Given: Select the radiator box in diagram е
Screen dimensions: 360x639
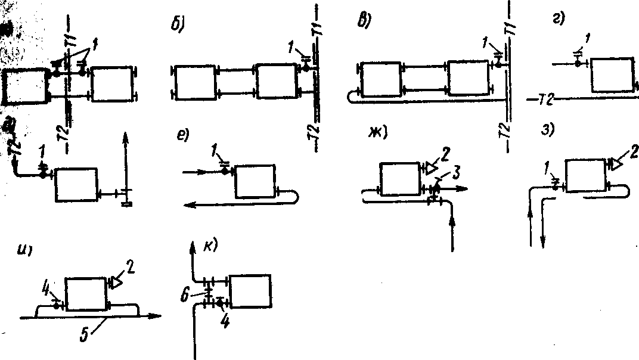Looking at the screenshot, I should (256, 182).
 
